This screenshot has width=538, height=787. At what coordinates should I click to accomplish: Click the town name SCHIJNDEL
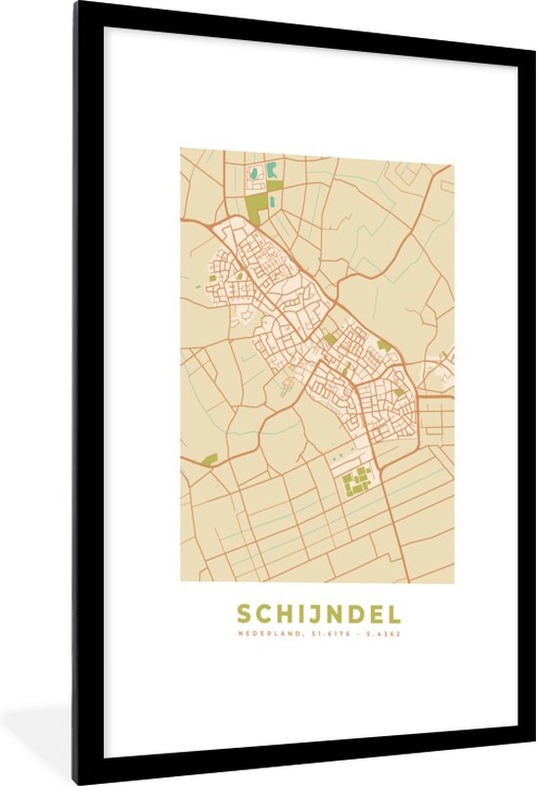(318, 615)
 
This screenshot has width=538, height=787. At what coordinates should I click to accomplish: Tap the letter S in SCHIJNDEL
(244, 615)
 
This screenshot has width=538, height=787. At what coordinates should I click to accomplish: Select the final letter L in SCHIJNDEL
(393, 615)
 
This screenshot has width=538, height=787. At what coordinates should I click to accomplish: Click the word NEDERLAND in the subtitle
(270, 633)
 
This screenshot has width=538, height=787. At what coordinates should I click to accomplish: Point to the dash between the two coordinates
(359, 633)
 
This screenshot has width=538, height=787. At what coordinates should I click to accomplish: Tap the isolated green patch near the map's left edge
(207, 458)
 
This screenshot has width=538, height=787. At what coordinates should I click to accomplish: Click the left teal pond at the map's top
(254, 174)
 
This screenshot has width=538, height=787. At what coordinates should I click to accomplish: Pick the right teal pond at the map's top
(271, 171)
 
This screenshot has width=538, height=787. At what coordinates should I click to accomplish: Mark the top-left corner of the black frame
(76, 4)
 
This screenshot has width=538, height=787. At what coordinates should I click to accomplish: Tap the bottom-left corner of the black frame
(76, 782)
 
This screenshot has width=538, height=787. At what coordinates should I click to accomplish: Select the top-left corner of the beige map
(181, 149)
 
